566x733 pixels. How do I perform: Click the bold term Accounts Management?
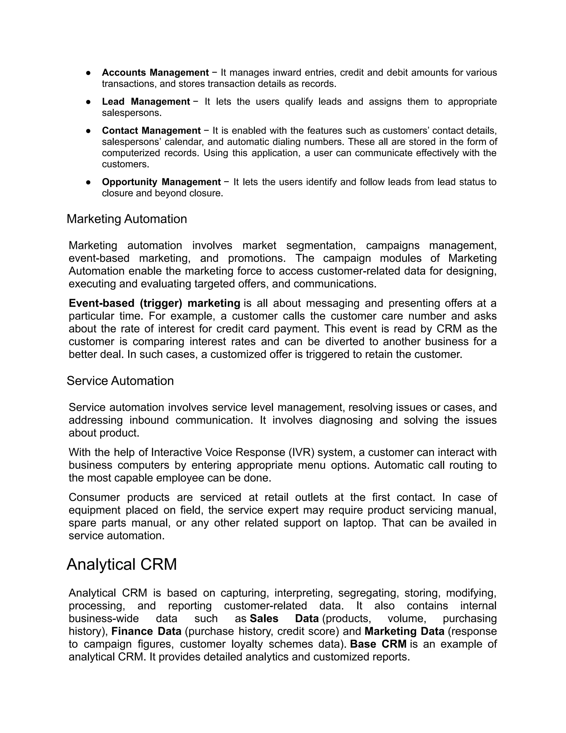155,72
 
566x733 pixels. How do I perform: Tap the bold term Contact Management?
151,130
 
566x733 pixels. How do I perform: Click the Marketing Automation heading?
127,219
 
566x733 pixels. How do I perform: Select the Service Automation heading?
120,381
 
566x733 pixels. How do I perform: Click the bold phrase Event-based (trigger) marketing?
154,303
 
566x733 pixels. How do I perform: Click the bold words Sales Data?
284,618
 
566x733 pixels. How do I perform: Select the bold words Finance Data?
146,631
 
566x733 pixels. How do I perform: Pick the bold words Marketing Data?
404,631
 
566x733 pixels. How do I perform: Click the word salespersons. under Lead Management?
132,113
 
